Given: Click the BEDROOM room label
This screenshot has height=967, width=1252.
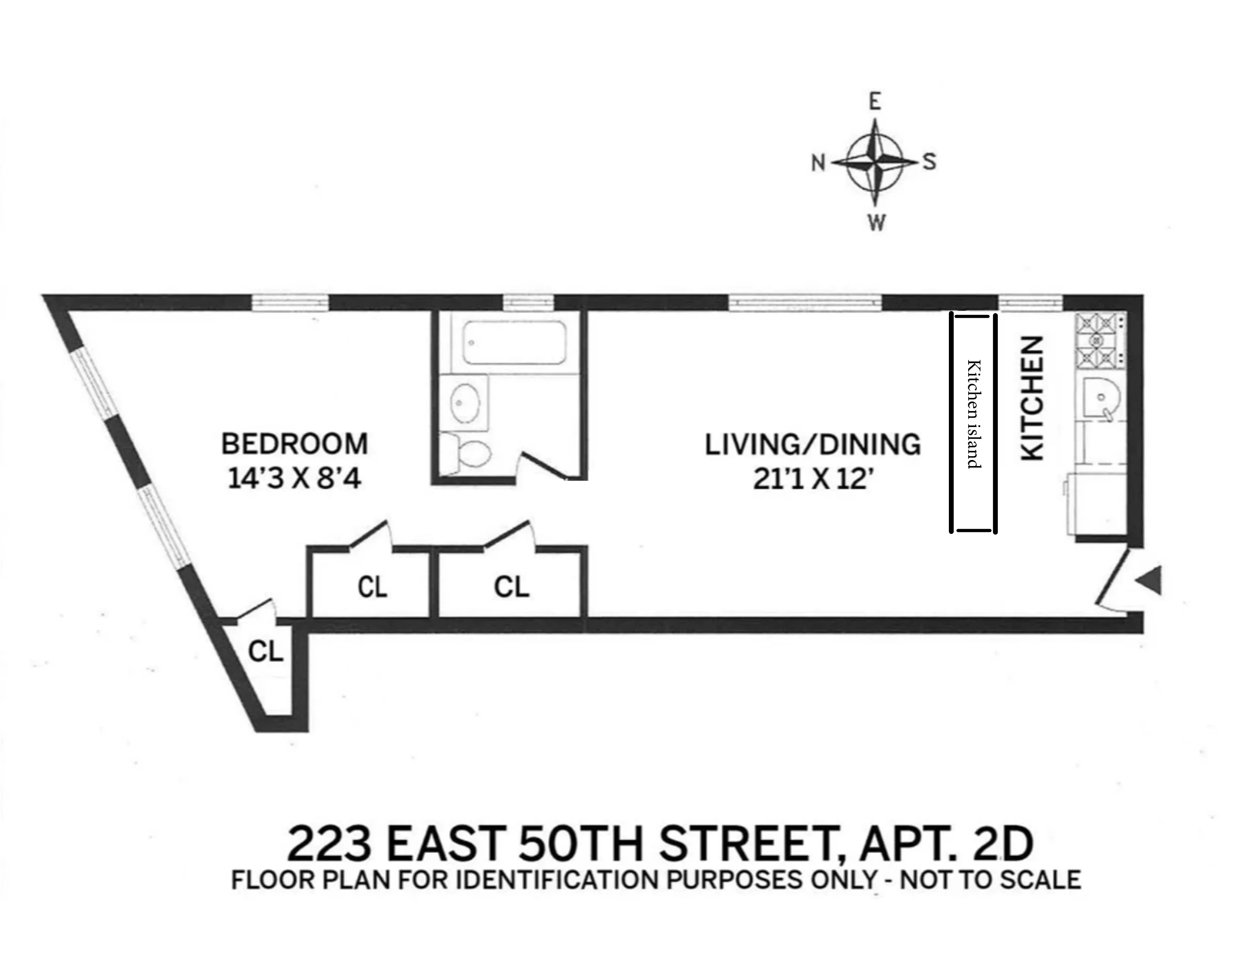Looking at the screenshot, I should click(295, 444).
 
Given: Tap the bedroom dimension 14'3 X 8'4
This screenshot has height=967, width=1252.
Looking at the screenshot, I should click(295, 478).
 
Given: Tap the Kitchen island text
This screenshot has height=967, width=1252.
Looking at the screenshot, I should click(974, 414).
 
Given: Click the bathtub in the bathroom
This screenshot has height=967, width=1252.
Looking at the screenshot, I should click(514, 342).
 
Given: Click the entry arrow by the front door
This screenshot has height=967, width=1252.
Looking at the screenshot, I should click(1150, 580).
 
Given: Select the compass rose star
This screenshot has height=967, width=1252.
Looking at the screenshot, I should click(875, 162).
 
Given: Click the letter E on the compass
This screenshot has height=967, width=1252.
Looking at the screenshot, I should click(875, 102).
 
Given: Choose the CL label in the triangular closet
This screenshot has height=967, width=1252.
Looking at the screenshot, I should click(266, 651).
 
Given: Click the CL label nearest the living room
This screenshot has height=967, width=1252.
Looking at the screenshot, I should click(511, 587).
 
